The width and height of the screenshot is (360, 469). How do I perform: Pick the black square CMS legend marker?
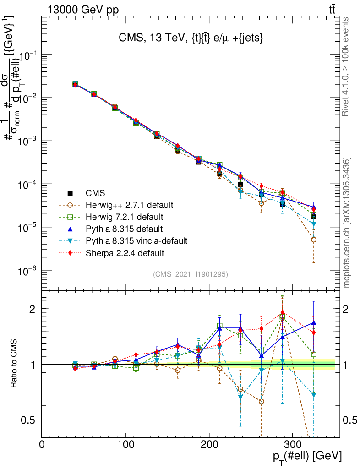click(70, 192)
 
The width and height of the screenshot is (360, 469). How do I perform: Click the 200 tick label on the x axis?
click(209, 444)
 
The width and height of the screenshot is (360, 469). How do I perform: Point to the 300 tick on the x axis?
click(293, 444)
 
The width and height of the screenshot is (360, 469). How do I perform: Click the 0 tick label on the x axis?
click(42, 444)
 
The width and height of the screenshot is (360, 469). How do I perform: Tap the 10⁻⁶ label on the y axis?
click(27, 271)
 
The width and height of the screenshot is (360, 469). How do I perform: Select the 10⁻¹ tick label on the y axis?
click(27, 55)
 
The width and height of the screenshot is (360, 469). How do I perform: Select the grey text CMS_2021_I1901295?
click(191, 274)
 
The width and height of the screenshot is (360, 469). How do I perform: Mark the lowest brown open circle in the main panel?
click(314, 240)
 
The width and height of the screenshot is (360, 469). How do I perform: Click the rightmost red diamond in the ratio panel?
click(314, 333)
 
